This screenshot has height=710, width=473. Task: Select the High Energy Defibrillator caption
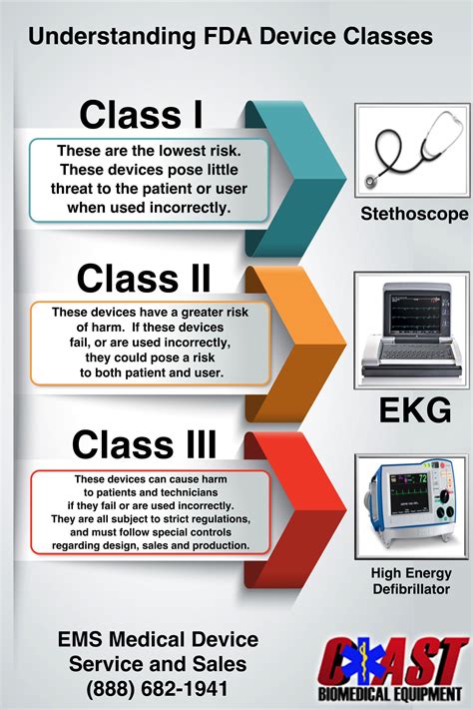(409, 581)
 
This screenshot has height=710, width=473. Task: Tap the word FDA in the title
(239, 37)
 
